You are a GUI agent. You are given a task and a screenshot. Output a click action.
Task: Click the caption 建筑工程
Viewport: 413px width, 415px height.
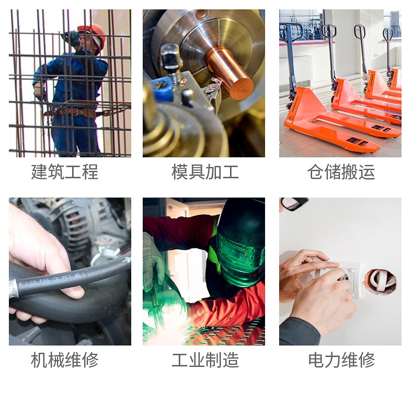(x=65, y=172)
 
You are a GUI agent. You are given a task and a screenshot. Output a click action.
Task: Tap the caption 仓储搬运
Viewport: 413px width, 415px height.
(x=341, y=172)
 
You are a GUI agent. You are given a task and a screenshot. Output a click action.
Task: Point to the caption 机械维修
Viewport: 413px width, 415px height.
(x=65, y=360)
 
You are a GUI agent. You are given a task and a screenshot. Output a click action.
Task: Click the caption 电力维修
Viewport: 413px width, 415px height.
(x=341, y=360)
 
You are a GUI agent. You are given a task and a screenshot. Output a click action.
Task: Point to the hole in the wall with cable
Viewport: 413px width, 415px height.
(x=380, y=281)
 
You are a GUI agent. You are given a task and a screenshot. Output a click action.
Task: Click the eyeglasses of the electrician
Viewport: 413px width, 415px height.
(x=294, y=203)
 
